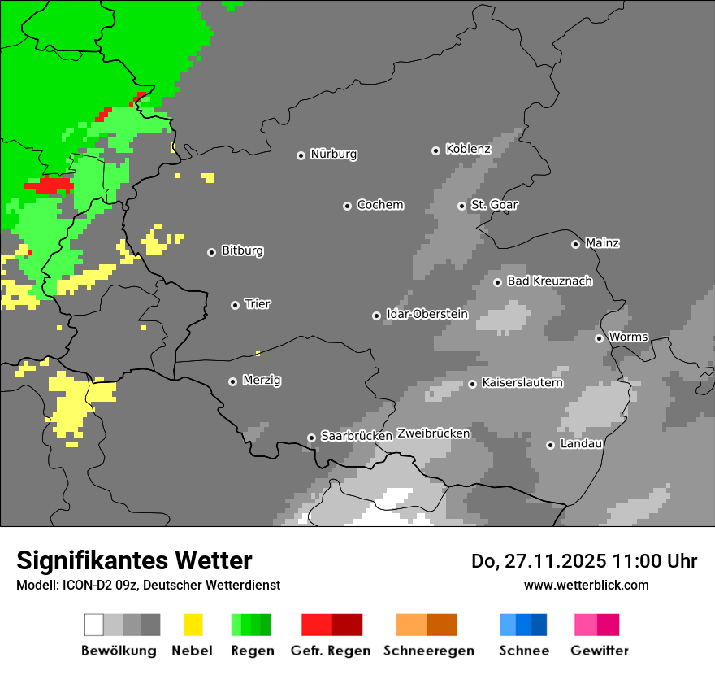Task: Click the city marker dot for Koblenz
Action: click(435, 150)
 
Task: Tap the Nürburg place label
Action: click(334, 155)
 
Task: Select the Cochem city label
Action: click(380, 205)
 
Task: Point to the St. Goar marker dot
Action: click(461, 206)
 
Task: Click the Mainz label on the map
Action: click(602, 243)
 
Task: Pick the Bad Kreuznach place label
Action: click(549, 281)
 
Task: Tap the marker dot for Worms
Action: click(599, 338)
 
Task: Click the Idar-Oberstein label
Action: click(427, 314)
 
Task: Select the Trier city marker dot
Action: click(235, 305)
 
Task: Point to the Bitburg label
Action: click(242, 251)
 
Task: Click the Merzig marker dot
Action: click(232, 381)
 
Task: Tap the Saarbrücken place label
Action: click(357, 436)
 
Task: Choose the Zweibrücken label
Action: click(434, 433)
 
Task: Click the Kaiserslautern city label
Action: click(522, 382)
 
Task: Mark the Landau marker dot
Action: click(550, 445)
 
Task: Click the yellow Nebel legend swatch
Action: click(193, 625)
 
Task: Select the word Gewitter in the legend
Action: click(600, 651)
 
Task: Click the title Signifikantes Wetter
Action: click(134, 560)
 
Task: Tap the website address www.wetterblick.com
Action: click(586, 585)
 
